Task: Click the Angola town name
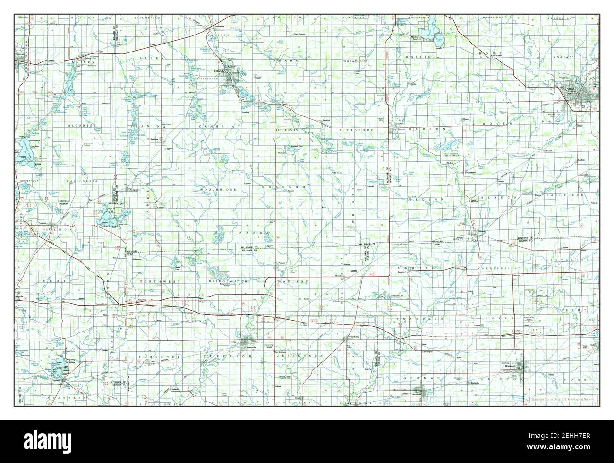click(19, 297)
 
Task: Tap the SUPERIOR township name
click(215, 356)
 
